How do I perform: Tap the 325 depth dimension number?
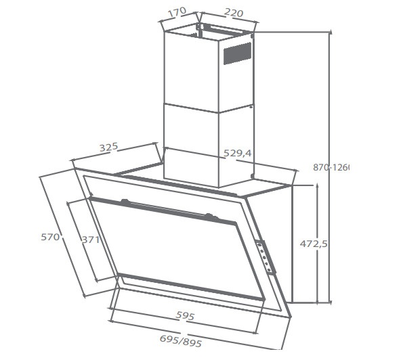pos(108,147)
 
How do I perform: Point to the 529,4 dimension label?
pos(237,154)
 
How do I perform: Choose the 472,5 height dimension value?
pos(314,243)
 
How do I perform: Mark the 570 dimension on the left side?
pos(50,237)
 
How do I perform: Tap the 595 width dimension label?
pos(185,315)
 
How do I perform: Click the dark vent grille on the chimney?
pos(237,53)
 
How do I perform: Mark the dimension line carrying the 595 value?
pos(186,323)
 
